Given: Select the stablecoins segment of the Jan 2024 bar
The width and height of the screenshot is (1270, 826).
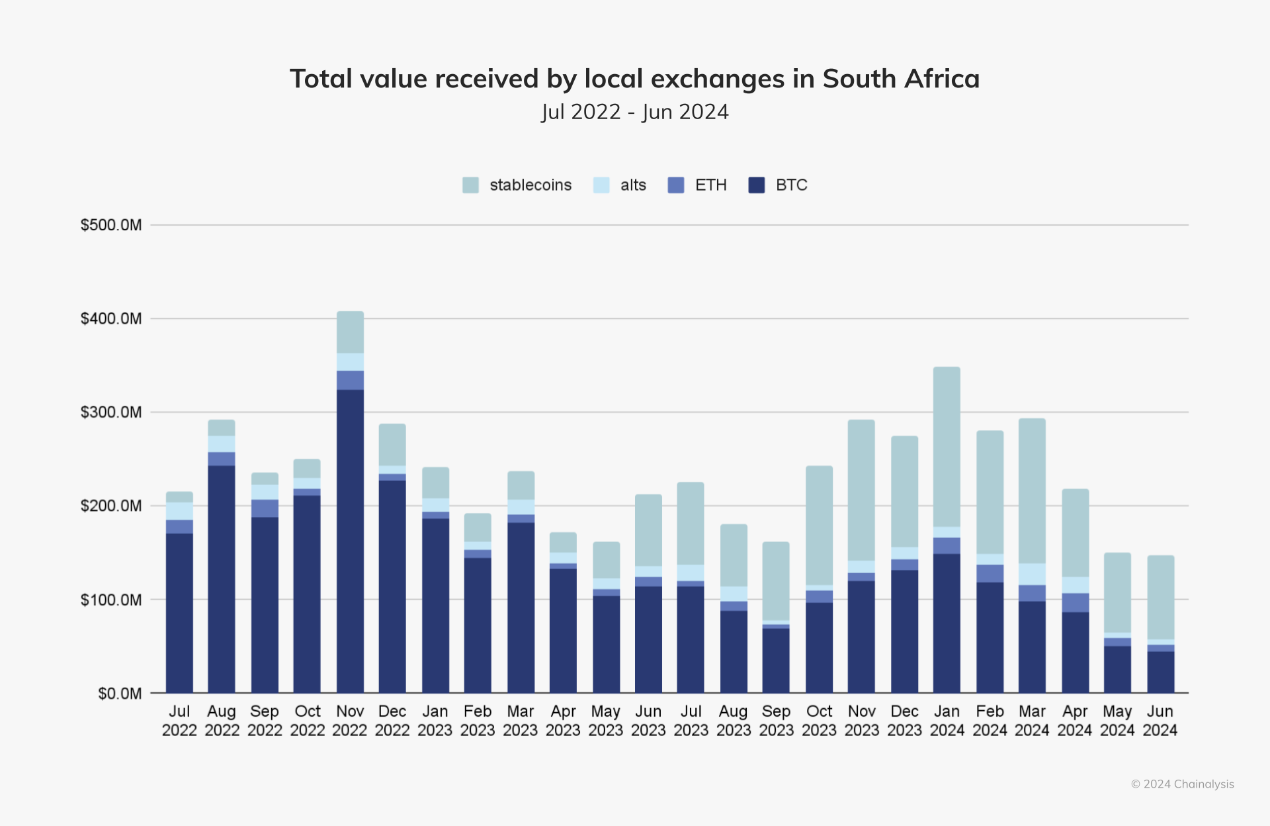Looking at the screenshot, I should (x=947, y=447).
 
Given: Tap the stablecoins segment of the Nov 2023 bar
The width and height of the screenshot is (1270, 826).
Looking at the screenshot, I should (x=861, y=490).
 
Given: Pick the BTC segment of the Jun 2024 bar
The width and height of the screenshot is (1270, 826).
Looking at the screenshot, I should (x=1160, y=672).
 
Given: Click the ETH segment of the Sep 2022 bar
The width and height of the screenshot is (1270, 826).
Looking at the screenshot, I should (x=265, y=508).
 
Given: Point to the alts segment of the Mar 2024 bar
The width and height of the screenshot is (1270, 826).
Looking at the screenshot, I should (x=1032, y=574).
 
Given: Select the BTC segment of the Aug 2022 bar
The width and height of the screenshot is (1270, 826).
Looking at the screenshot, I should (x=222, y=579).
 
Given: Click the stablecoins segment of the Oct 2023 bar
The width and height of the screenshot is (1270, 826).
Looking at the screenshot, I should (x=819, y=526).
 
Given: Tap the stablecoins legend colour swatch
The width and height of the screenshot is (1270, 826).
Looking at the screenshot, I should (x=470, y=185).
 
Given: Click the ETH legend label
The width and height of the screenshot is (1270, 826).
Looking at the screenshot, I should (x=710, y=185).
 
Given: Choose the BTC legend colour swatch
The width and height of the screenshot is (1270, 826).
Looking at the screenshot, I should (x=756, y=185).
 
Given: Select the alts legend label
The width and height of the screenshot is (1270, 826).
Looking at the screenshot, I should (x=633, y=185).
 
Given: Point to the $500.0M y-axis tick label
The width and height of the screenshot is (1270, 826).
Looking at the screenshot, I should (x=111, y=225).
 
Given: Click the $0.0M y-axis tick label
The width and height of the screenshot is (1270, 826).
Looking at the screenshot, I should (x=120, y=694).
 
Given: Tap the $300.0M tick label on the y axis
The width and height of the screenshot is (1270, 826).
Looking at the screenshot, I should (x=111, y=412).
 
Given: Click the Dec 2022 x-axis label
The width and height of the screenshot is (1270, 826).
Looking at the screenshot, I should (x=392, y=721).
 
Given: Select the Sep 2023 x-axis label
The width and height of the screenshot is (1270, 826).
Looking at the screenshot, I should (x=776, y=721).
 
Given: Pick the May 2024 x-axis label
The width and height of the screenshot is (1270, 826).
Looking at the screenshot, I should (x=1117, y=721).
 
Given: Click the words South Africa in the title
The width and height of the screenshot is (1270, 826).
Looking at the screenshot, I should (x=901, y=79).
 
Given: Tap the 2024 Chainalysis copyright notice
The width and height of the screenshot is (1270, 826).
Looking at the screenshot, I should (x=1182, y=784).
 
